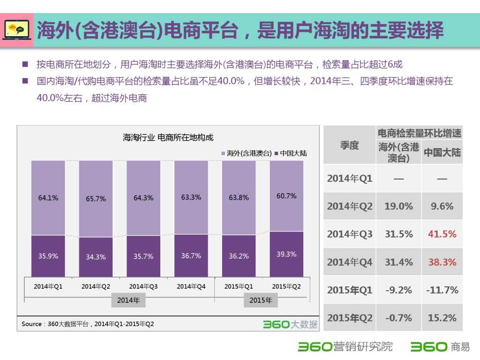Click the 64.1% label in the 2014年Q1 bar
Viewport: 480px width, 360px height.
click(x=48, y=198)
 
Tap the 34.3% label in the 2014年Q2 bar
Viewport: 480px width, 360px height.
click(x=96, y=257)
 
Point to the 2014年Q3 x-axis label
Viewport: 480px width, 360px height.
click(x=143, y=286)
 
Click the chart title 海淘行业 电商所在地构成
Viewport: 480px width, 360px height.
click(x=168, y=137)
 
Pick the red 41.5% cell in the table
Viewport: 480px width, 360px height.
click(x=442, y=234)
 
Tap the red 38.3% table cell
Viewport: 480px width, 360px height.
click(x=442, y=262)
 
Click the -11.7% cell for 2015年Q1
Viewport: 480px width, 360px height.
click(x=442, y=290)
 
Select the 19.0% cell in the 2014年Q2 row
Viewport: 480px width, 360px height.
click(x=398, y=206)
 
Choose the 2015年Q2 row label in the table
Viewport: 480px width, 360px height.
click(x=350, y=318)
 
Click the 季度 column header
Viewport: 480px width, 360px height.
click(x=350, y=145)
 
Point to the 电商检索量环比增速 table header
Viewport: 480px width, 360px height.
click(x=420, y=133)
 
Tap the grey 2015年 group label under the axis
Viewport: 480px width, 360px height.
click(x=261, y=300)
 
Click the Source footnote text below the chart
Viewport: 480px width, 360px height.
click(x=88, y=324)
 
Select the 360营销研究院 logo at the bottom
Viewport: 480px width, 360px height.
click(x=345, y=347)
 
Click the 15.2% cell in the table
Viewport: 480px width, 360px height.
click(x=442, y=318)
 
